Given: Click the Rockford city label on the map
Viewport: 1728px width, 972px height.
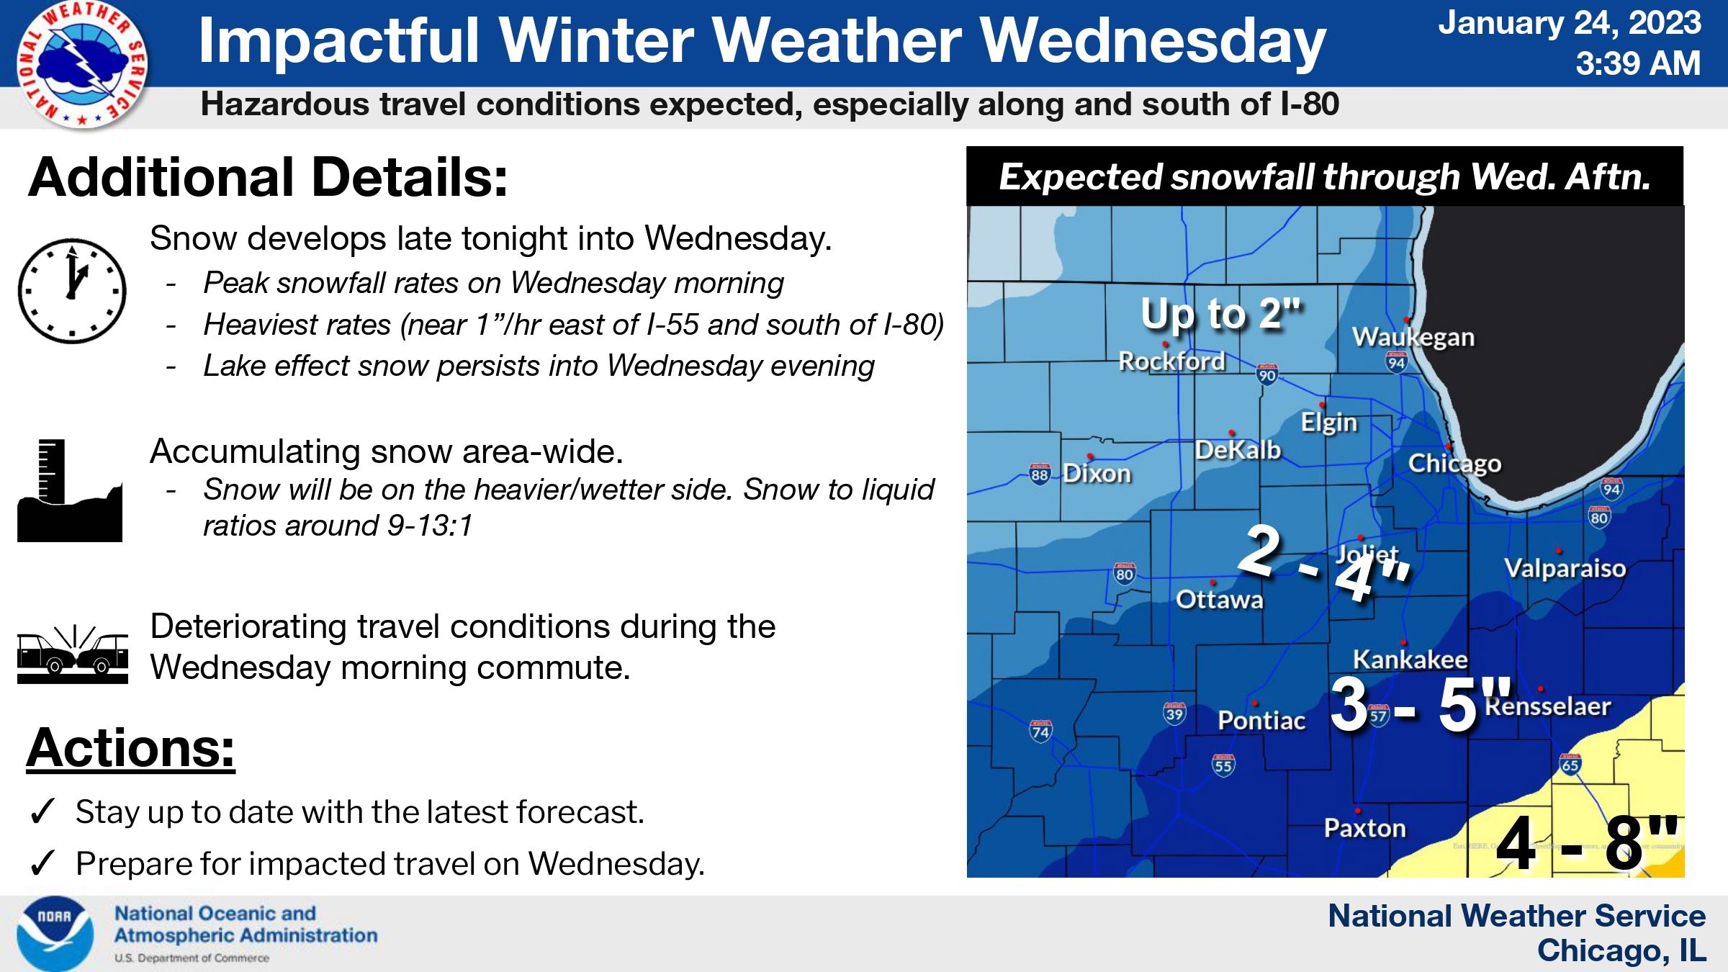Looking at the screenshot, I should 1171,361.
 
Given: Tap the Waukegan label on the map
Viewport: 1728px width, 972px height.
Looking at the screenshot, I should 1413,337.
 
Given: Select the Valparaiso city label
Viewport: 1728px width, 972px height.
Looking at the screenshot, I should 1565,568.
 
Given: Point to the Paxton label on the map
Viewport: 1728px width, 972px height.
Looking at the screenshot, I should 1364,828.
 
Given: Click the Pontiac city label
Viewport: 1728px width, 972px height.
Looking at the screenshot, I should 1261,720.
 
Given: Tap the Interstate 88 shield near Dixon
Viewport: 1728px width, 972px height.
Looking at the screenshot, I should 1039,474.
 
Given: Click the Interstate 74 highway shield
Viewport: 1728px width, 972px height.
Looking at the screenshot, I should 1040,731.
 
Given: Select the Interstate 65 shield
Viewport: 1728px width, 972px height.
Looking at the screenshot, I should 1570,764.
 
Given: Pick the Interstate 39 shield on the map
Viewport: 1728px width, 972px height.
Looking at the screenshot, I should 1174,713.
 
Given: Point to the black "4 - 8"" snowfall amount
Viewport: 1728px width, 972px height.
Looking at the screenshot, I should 1586,843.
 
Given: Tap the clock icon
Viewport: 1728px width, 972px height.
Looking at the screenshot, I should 72,291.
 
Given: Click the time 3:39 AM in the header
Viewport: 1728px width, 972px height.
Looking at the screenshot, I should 1637,63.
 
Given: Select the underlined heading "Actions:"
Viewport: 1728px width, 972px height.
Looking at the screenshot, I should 130,748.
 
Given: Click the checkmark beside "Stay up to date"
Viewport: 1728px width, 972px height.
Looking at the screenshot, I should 42,812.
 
